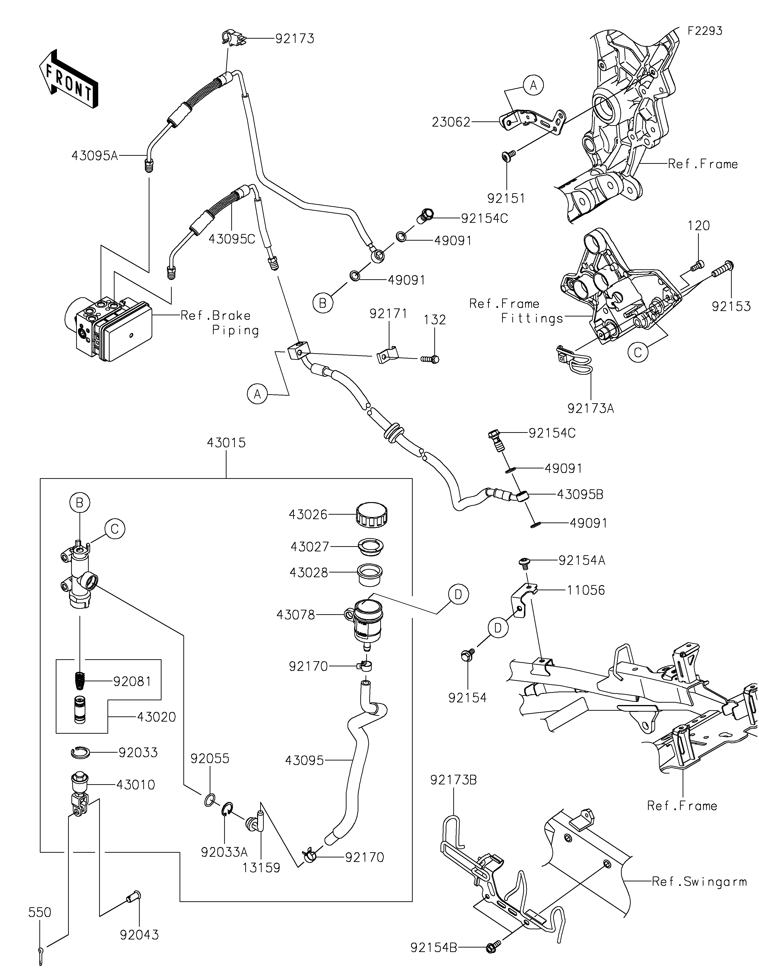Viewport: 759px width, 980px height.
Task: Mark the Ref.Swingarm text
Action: [x=699, y=882]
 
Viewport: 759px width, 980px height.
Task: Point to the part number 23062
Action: [x=451, y=122]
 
